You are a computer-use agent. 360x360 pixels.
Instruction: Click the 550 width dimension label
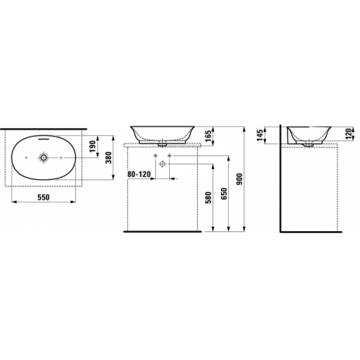[43, 197]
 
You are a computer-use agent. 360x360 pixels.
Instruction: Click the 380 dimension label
[109, 157]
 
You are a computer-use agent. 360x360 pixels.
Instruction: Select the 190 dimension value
[92, 146]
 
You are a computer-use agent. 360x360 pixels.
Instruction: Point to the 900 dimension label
[240, 179]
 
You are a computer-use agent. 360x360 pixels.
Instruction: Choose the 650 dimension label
[223, 193]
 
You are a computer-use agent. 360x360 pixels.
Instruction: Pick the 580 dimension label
[208, 198]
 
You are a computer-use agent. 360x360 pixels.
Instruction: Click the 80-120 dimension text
[139, 175]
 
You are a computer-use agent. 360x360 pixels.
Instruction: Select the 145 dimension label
[260, 135]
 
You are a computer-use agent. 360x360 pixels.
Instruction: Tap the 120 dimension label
[348, 133]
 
